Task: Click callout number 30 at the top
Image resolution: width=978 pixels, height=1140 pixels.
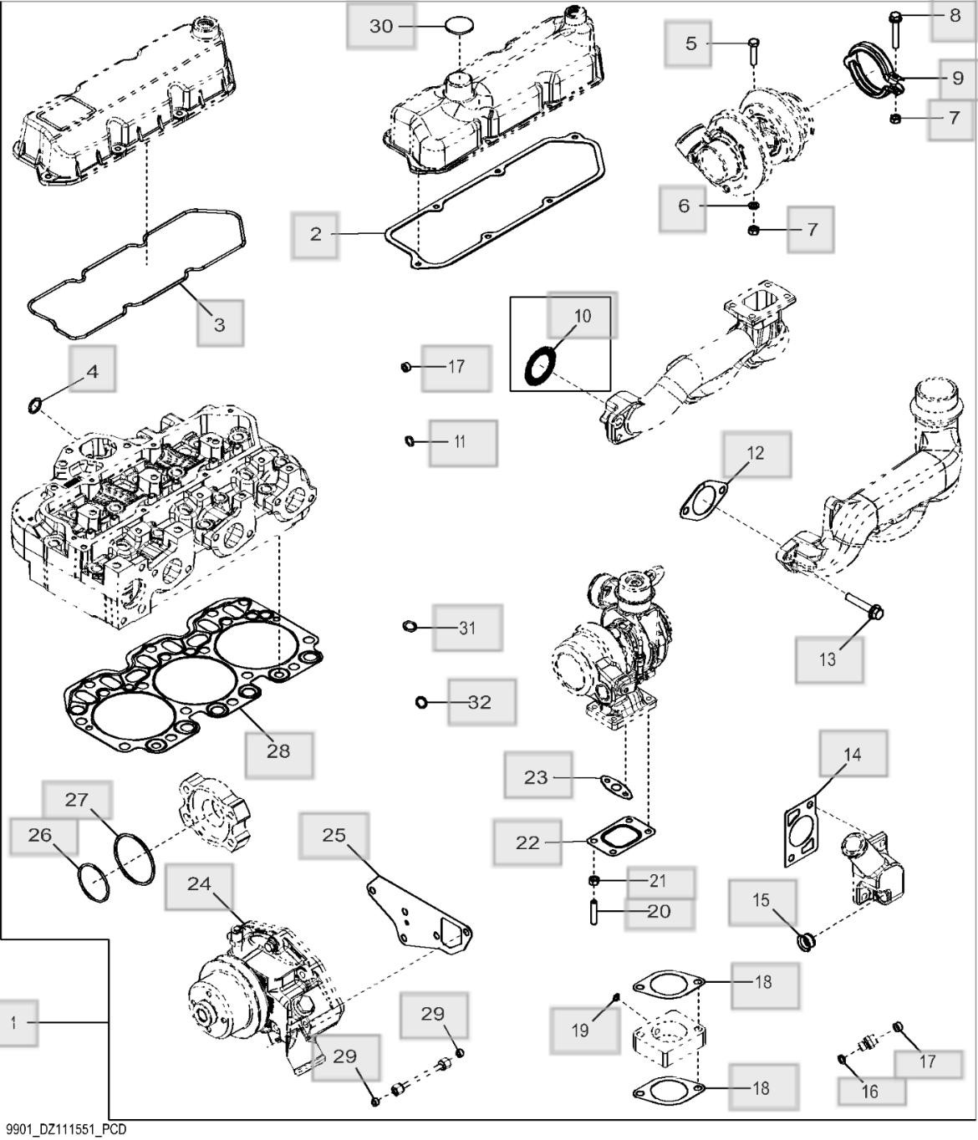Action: pos(380,27)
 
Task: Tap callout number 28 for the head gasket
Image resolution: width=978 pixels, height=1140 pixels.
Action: pos(278,751)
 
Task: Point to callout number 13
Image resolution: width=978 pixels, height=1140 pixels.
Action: pos(827,659)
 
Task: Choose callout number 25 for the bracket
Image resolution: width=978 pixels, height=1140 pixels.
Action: pos(334,835)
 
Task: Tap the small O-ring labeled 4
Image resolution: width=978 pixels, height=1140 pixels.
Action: pos(34,407)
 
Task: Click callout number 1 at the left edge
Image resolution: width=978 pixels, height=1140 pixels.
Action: pos(13,1022)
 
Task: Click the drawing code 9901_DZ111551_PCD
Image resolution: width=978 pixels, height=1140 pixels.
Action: pos(64,1130)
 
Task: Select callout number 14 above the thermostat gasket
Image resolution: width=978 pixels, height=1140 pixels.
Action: pos(852,755)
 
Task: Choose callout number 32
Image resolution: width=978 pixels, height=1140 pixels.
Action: pos(480,702)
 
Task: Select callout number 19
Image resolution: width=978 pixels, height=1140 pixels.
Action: pos(580,1031)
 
